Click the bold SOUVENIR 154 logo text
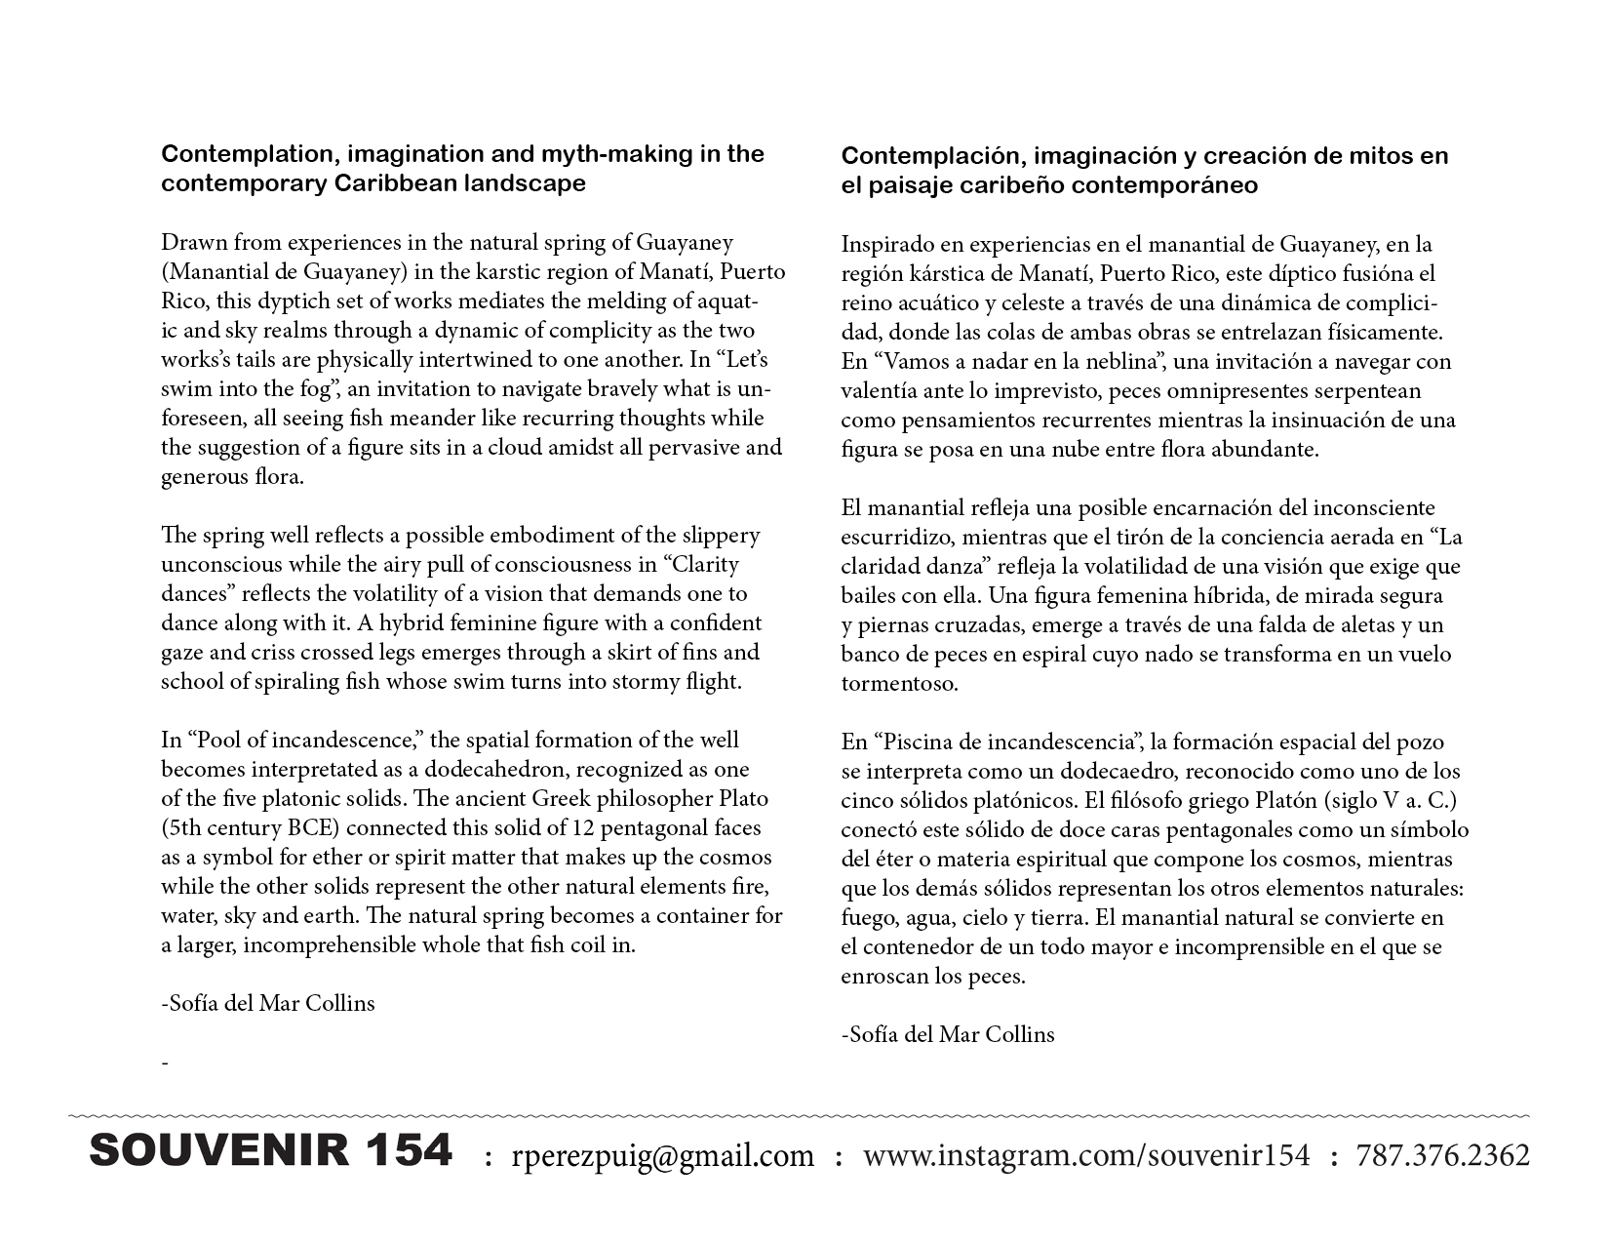[270, 1151]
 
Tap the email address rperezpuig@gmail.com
[662, 1156]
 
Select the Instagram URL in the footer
[1086, 1156]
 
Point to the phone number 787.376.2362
[1442, 1156]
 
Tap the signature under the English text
[267, 1003]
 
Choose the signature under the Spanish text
[948, 1034]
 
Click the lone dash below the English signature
[165, 1063]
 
